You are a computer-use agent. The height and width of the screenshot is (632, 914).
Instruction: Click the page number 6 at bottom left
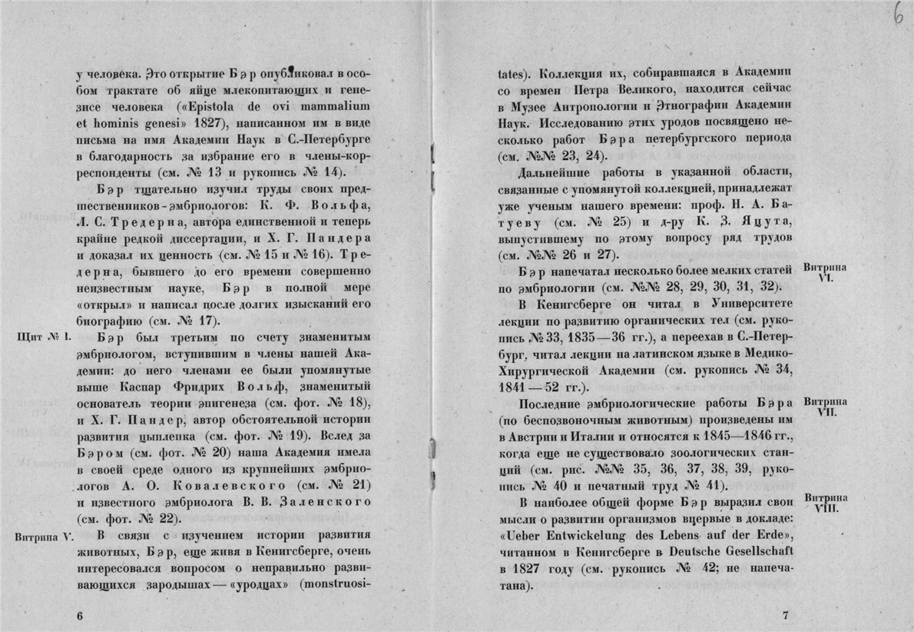(80, 616)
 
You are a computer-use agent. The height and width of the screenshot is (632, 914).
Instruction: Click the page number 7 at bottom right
(784, 615)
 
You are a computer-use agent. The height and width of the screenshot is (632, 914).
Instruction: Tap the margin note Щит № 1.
(43, 336)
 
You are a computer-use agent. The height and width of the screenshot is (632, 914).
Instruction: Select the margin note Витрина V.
(44, 536)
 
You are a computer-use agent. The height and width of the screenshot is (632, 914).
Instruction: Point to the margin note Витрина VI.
(824, 273)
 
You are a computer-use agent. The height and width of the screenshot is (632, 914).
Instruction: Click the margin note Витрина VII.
(824, 407)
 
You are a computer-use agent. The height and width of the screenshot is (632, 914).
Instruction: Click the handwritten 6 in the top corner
(897, 17)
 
